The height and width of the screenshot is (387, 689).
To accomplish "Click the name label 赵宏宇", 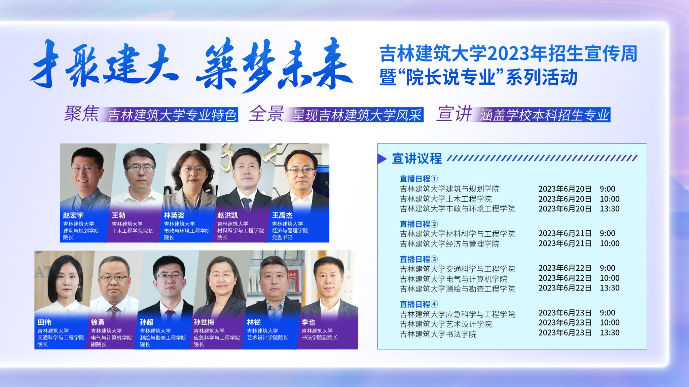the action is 73,215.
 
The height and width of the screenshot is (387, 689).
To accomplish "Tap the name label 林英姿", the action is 174,215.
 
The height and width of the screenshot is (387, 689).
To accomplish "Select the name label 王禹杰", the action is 282,215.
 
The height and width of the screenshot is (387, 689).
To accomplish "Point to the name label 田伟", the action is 44,322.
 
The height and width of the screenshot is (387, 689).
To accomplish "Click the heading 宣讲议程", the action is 417,158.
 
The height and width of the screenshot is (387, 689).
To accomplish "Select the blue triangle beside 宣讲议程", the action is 382,159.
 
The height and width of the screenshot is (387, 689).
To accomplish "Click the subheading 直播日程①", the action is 419,179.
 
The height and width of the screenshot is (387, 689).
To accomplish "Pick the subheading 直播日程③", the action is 419,259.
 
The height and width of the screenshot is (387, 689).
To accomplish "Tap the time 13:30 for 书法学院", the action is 610,333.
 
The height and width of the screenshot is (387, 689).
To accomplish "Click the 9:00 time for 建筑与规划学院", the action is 607,189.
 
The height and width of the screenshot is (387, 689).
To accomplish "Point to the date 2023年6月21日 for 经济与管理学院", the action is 565,243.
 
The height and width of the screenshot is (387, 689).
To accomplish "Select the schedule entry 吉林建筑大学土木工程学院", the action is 446,199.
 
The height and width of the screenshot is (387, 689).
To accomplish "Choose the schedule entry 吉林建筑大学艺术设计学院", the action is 446,324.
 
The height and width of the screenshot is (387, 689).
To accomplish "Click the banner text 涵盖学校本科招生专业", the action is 544,115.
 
